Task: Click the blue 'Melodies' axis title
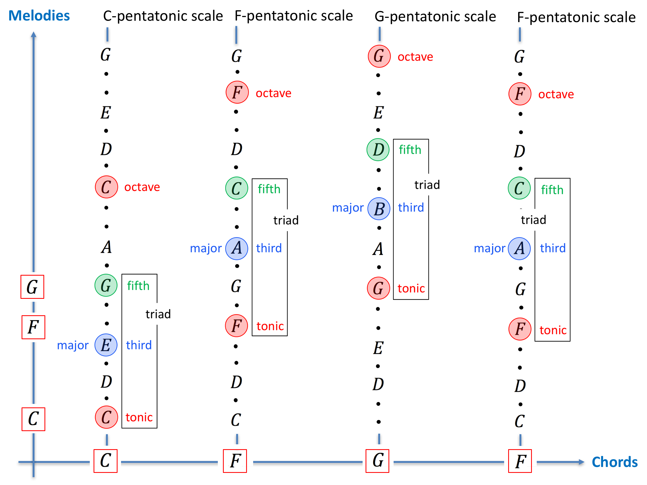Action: pos(39,16)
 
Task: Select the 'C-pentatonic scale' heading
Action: pos(163,16)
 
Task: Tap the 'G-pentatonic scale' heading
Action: pos(435,16)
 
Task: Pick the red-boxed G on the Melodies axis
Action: pos(32,287)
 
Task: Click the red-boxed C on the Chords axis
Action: pos(105,461)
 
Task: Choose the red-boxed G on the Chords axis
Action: pos(377,461)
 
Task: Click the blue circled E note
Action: pos(106,345)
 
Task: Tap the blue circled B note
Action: pos(379,209)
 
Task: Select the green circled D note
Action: pos(378,150)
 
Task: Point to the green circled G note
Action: pos(106,285)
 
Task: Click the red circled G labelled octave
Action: pos(379,56)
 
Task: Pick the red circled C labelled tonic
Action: pos(106,417)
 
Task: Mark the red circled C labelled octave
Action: pos(106,187)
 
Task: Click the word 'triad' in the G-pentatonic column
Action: pos(427,185)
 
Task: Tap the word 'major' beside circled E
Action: pos(73,345)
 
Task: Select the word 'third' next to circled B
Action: pos(411,207)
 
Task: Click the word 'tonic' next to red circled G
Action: pos(411,289)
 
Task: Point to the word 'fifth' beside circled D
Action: pos(410,150)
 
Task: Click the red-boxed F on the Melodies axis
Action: pos(33,327)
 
